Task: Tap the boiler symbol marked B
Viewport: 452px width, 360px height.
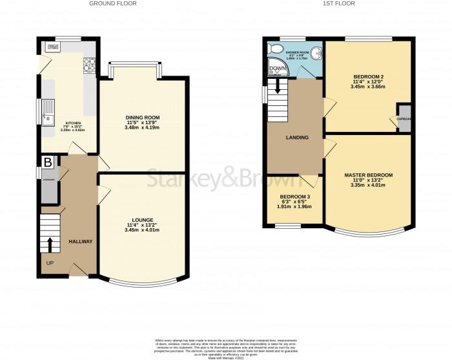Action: pyautogui.click(x=47, y=162)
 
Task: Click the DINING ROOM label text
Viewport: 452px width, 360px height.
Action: pyautogui.click(x=142, y=117)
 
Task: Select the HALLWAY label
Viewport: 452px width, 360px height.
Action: pyautogui.click(x=81, y=242)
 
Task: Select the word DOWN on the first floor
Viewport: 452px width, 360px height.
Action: pyautogui.click(x=277, y=69)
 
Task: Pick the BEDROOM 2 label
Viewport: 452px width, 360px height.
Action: pyautogui.click(x=367, y=76)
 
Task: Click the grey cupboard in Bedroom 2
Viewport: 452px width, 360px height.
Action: pyautogui.click(x=404, y=118)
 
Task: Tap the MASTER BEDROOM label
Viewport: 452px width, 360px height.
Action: pyautogui.click(x=368, y=175)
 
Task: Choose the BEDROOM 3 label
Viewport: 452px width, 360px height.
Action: pyautogui.click(x=294, y=196)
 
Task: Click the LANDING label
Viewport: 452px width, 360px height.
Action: pyautogui.click(x=298, y=138)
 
